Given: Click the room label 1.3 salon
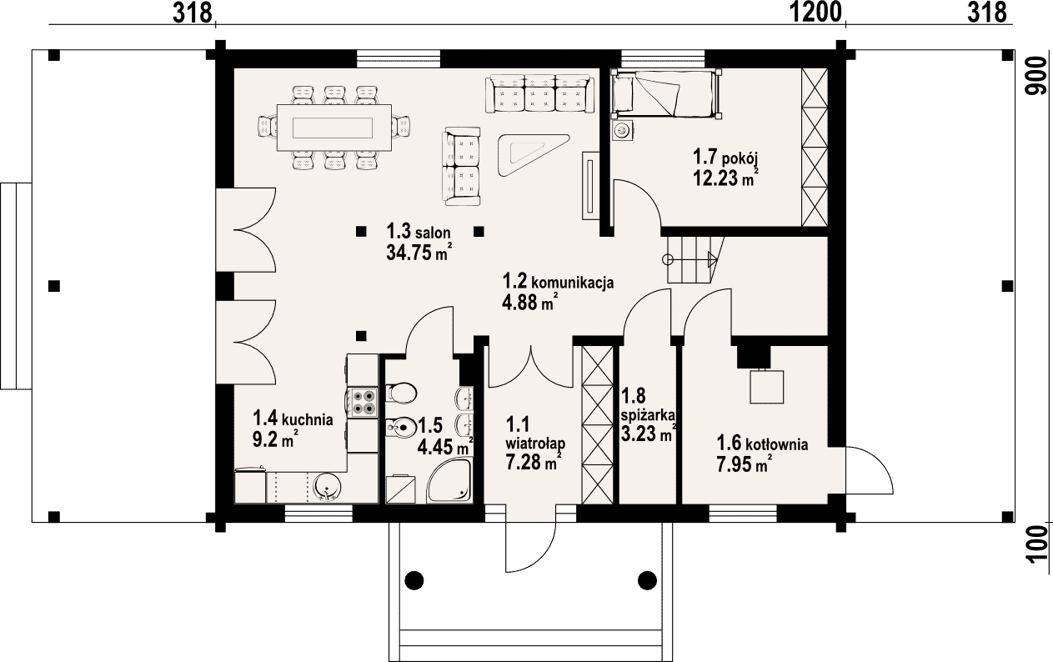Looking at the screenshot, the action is (x=419, y=232).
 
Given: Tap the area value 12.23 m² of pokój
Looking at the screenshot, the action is (x=726, y=178).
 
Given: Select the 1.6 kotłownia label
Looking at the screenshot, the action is (x=762, y=444).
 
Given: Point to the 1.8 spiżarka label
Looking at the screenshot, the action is (x=649, y=406).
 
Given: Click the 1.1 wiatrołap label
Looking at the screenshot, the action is (x=535, y=434).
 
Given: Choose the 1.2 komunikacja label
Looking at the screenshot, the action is (x=558, y=282).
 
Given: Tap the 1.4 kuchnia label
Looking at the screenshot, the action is (x=293, y=418).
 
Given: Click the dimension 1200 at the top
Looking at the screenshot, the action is (x=815, y=13).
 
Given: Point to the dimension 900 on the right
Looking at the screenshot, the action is (x=1035, y=83).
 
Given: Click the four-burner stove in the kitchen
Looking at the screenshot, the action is (x=364, y=402).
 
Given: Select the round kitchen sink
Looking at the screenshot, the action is (x=326, y=487).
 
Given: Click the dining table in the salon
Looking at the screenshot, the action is (x=334, y=128).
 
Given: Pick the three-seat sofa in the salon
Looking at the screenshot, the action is (x=539, y=93).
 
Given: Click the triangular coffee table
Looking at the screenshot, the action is (x=533, y=155).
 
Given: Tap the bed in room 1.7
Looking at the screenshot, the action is (x=665, y=93).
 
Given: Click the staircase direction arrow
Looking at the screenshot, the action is (x=690, y=259).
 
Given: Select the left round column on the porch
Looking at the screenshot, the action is (x=414, y=580).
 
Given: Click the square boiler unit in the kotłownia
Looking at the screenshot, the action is (x=767, y=387).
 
